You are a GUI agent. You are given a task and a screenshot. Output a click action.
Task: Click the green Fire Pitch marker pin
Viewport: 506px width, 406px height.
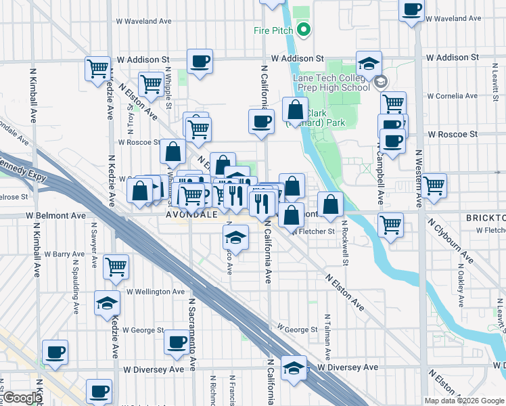[304, 29]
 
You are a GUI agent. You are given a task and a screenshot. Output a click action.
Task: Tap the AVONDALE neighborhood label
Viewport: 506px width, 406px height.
[191, 214]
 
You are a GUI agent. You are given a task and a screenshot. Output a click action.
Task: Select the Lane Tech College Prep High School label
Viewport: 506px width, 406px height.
[331, 83]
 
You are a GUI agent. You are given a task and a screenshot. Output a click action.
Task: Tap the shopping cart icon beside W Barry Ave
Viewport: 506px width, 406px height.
[116, 267]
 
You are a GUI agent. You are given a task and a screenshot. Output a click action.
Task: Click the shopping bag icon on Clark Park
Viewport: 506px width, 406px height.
[296, 110]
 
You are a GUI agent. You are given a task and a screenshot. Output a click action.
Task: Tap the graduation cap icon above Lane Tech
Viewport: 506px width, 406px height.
[369, 64]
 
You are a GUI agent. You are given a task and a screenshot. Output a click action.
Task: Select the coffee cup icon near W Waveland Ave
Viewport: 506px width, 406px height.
[412, 11]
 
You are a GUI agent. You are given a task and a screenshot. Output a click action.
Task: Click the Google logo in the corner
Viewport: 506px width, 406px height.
[22, 398]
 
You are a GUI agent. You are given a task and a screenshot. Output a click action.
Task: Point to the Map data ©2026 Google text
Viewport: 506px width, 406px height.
[464, 401]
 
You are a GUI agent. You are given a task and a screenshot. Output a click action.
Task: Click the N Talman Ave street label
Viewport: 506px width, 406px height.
[328, 337]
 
